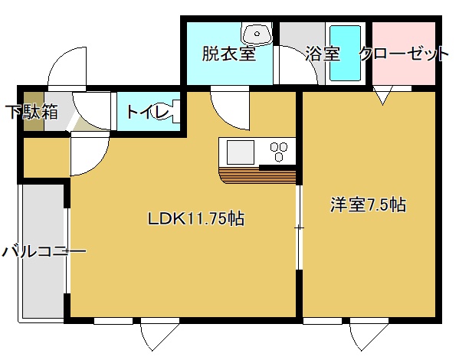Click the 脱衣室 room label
(229, 54)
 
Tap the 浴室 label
(323, 54)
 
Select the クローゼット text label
(404, 54)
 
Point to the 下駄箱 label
(32, 112)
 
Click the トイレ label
(148, 112)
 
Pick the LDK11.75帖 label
(196, 218)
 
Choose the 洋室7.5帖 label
(369, 205)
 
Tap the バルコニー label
(44, 252)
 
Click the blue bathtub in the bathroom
(345, 54)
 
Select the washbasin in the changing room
(257, 34)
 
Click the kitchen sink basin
(241, 152)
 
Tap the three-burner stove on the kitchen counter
(279, 151)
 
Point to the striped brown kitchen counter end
(257, 175)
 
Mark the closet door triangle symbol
(382, 96)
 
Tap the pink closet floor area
(404, 54)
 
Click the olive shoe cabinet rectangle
(34, 112)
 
